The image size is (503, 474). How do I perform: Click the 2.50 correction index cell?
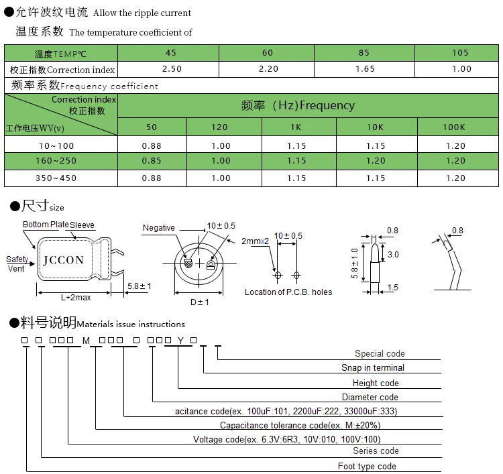(172, 69)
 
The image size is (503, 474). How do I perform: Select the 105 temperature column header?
(460, 53)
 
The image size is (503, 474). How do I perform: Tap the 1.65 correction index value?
(366, 69)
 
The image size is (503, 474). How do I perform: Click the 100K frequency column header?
(454, 127)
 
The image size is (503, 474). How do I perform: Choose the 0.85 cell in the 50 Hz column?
(152, 161)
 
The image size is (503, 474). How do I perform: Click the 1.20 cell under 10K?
(376, 161)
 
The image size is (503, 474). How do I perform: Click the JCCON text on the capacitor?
(64, 260)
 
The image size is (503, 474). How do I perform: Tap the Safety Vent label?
(17, 264)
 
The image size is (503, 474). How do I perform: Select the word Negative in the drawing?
(159, 228)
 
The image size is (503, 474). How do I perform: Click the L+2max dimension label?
(75, 297)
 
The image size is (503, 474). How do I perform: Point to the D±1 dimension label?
(200, 302)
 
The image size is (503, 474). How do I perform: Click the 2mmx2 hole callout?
(255, 241)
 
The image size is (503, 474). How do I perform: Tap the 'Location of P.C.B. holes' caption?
(288, 292)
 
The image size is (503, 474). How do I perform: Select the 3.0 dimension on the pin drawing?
(394, 255)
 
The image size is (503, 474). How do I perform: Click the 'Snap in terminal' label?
(373, 368)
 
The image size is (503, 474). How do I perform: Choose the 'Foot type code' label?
(367, 467)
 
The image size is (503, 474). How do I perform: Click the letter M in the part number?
(85, 341)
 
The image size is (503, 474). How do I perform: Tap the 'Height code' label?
(376, 383)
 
